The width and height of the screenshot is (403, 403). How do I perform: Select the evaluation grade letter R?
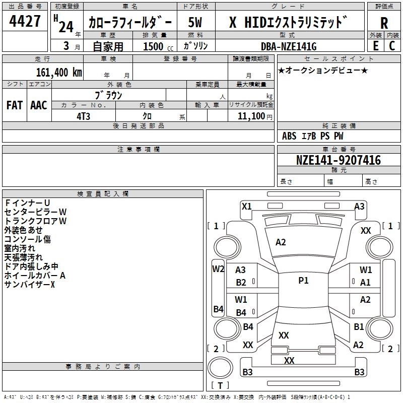tap(384, 23)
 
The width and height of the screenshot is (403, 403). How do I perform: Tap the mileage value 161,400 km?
tap(59, 72)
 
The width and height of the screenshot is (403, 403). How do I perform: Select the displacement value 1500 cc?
tap(153, 46)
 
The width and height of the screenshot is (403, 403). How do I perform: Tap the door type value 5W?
tap(196, 23)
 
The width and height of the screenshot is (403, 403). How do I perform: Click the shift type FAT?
tap(14, 105)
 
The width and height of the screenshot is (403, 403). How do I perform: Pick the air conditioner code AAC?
tap(38, 105)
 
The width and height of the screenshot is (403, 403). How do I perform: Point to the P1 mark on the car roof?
tap(303, 281)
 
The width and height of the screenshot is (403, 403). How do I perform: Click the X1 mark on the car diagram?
tap(247, 206)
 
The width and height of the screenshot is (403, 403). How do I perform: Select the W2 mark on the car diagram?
tap(218, 268)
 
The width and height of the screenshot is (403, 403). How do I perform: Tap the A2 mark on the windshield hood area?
tap(281, 242)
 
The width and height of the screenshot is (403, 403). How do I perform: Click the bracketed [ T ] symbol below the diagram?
tap(220, 385)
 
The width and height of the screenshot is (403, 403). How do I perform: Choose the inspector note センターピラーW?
tap(35, 212)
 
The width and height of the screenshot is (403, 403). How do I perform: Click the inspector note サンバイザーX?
tap(29, 285)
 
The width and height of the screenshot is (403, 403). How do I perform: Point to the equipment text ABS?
tap(289, 136)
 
